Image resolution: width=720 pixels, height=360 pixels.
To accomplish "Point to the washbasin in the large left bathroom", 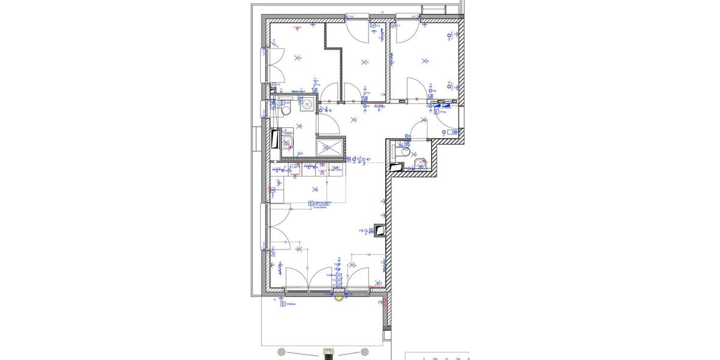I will click(287, 142).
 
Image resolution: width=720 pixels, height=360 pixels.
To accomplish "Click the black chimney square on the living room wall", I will click(379, 229).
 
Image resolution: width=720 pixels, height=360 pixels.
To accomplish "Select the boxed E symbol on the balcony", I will click(282, 304).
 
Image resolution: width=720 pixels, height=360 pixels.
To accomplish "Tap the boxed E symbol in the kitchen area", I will click(311, 203).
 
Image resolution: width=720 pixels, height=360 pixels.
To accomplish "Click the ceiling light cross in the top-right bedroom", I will click(425, 61).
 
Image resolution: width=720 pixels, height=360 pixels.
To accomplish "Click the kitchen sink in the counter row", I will click(296, 170).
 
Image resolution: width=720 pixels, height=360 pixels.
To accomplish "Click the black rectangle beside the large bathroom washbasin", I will click(275, 139).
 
